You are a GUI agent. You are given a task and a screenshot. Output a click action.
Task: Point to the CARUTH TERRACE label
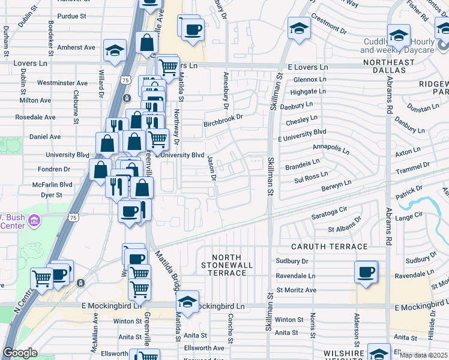pos(330,247)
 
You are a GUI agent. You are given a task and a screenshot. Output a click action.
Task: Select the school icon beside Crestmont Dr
pos(298,28)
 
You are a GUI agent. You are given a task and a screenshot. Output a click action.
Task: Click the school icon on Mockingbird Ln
pos(187,302)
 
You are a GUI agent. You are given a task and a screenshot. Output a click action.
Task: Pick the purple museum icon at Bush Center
pos(34,220)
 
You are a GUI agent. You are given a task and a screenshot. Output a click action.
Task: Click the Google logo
pos(20,353)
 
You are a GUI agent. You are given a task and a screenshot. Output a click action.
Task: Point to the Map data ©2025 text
pos(423,355)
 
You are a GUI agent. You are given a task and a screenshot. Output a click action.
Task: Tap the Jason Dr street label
pos(211,168)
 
